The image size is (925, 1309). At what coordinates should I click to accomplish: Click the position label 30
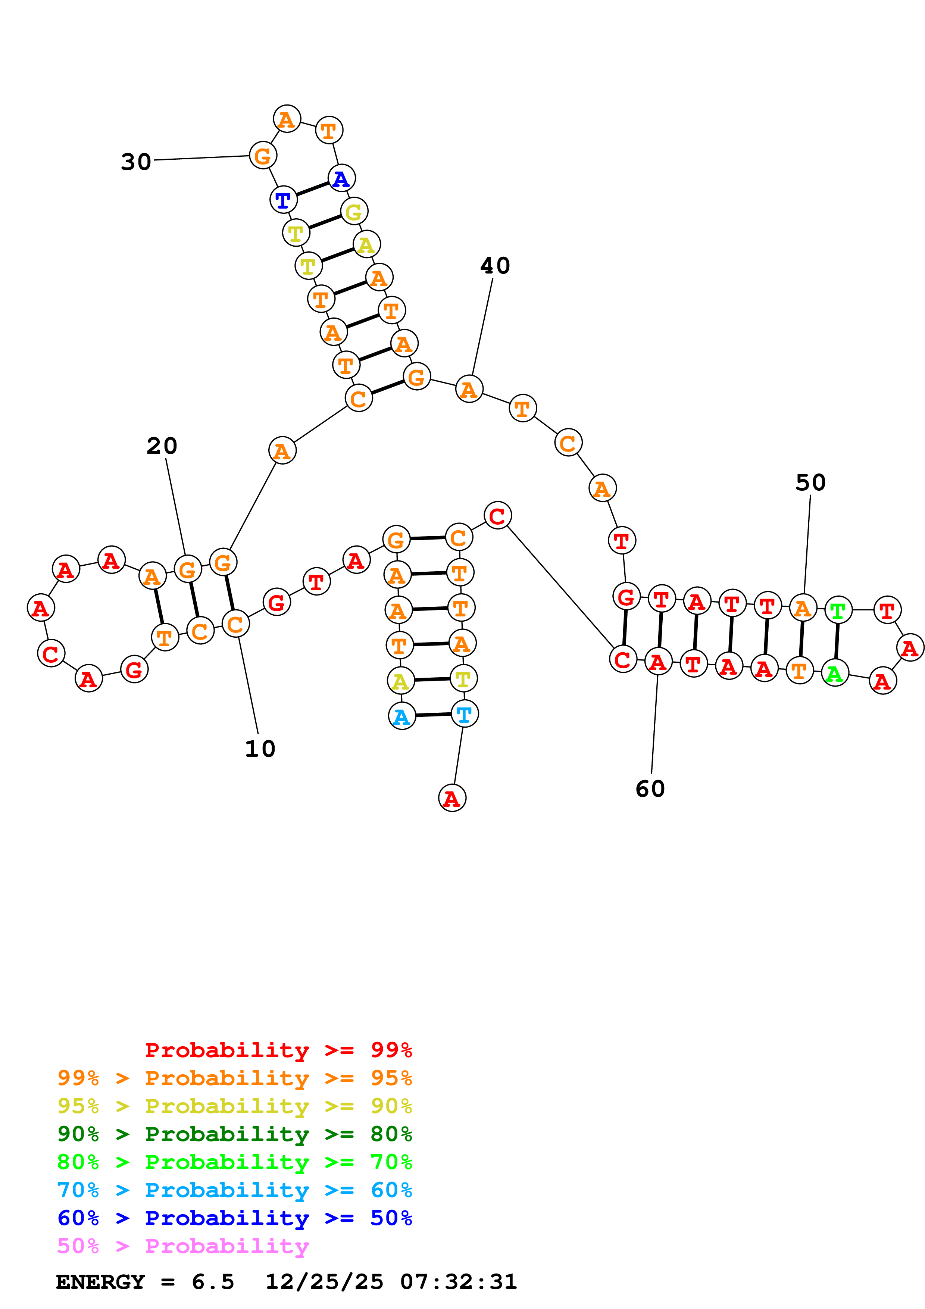click(136, 162)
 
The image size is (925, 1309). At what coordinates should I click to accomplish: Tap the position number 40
click(495, 266)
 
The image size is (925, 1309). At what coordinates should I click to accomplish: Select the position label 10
click(260, 749)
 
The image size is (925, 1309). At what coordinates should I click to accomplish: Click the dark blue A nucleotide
click(341, 178)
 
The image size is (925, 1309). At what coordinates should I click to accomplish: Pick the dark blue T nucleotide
click(283, 200)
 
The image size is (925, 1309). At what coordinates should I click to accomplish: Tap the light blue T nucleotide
click(465, 714)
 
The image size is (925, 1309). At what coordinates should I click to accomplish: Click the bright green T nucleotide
click(838, 610)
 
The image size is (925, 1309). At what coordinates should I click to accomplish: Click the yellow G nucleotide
click(354, 212)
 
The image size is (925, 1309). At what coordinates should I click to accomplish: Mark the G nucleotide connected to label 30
click(263, 156)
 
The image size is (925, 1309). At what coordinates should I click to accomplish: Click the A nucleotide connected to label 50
click(803, 608)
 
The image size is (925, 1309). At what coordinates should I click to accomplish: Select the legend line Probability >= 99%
click(278, 1050)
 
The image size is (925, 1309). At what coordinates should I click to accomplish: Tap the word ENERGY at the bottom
click(100, 1282)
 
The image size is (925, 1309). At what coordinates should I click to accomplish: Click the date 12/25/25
click(324, 1282)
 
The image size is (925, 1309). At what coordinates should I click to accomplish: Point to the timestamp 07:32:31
click(458, 1282)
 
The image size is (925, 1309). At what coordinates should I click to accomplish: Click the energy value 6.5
click(213, 1282)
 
